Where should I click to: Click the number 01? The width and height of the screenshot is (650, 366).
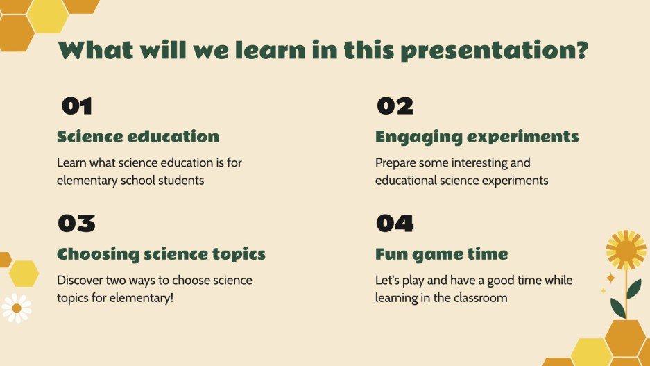coord(77,106)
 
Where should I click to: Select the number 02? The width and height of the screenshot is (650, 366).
coord(395,106)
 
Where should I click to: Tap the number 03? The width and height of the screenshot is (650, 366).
coord(77,223)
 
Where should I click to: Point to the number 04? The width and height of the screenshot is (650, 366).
coord(395,223)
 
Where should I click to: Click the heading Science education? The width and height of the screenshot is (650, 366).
coord(138,137)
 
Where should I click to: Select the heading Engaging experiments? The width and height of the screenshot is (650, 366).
coord(477,138)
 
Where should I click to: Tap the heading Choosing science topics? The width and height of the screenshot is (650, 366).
coord(161,254)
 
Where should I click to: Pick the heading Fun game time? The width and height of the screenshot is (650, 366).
coord(441,254)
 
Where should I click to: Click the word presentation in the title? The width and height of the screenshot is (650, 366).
coord(495,51)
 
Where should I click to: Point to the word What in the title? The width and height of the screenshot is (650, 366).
coord(96,50)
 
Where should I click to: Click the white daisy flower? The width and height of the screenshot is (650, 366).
coord(17,308)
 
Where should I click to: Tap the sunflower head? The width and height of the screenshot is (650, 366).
coord(626,250)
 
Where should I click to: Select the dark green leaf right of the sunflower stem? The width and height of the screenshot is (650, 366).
coord(634,289)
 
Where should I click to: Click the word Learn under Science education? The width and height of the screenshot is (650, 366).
coord(71,163)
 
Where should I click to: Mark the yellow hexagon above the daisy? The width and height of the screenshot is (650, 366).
coord(24,274)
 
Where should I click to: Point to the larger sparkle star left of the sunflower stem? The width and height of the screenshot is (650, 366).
coord(610,278)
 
